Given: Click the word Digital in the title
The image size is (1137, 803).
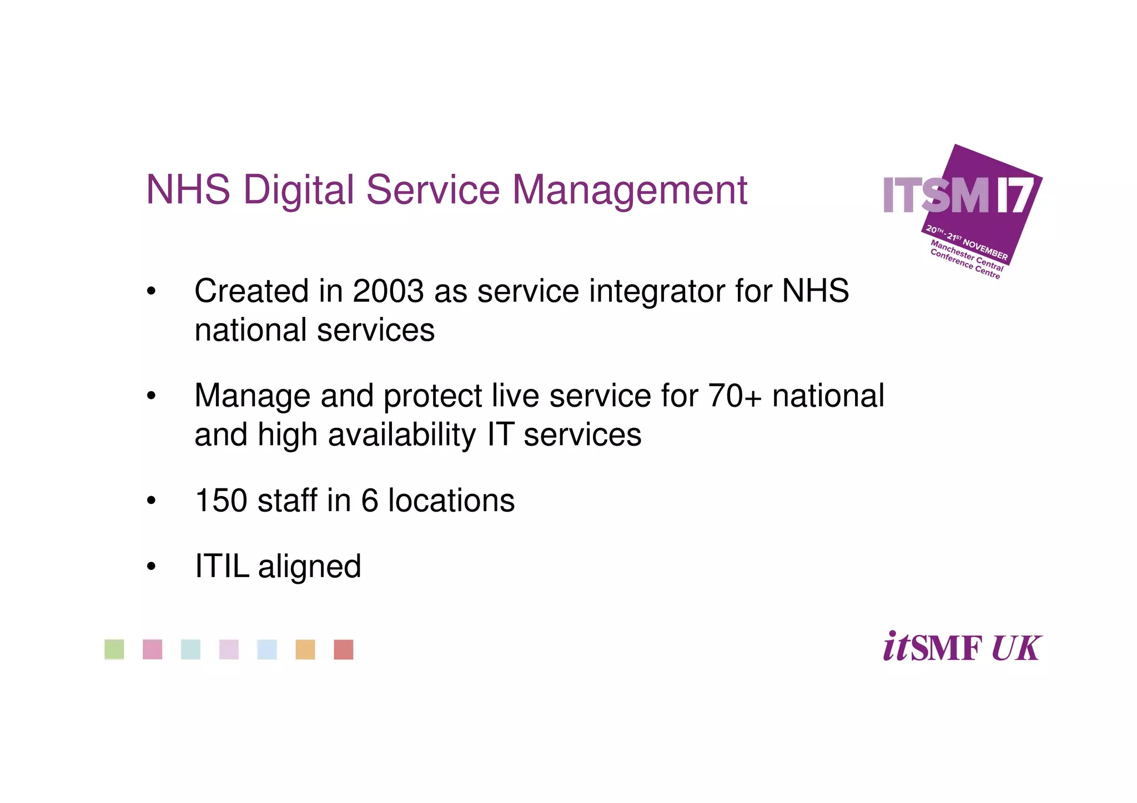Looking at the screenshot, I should pyautogui.click(x=298, y=190).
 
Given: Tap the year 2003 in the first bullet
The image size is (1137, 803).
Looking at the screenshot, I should pyautogui.click(x=388, y=291).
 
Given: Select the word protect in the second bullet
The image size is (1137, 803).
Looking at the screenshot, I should pyautogui.click(x=432, y=397).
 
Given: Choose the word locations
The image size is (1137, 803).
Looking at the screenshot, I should pyautogui.click(x=451, y=500).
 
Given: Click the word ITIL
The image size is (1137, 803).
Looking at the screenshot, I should pyautogui.click(x=222, y=566).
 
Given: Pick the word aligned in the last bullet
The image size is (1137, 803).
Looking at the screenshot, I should pyautogui.click(x=309, y=567).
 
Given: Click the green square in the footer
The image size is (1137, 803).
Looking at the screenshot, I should pyautogui.click(x=114, y=649).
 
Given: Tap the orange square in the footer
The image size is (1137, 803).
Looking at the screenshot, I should pyautogui.click(x=305, y=649).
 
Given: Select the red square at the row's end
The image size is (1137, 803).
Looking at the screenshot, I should pyautogui.click(x=344, y=649).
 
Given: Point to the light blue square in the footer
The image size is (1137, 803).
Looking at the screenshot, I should pyautogui.click(x=267, y=649).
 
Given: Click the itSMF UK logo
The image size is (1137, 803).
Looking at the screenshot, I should pyautogui.click(x=962, y=647).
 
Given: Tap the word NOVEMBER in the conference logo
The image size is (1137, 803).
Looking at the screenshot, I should pyautogui.click(x=985, y=249).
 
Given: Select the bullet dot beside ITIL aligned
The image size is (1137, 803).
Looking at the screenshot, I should pyautogui.click(x=151, y=567).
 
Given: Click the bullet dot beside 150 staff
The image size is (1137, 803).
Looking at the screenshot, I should pyautogui.click(x=151, y=501).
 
